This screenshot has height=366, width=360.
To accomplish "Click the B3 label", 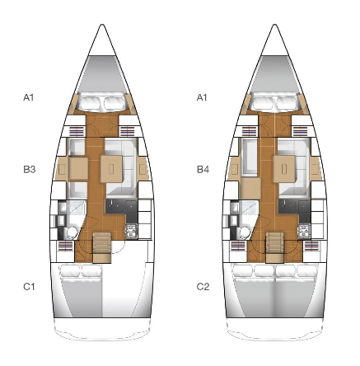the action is point(29,170).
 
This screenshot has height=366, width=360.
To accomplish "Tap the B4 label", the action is point(203,170).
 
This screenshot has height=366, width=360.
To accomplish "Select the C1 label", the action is point(29,287).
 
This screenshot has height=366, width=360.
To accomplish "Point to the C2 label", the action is point(203,287).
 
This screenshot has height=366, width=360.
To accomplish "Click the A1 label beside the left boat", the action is point(29,97).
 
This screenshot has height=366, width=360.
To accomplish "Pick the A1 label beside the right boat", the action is point(202,97).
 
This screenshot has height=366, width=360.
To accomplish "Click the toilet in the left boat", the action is point(72,232).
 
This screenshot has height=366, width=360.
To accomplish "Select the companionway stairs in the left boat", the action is point(102,247).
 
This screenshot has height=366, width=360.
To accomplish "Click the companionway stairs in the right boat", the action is point(275,247).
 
